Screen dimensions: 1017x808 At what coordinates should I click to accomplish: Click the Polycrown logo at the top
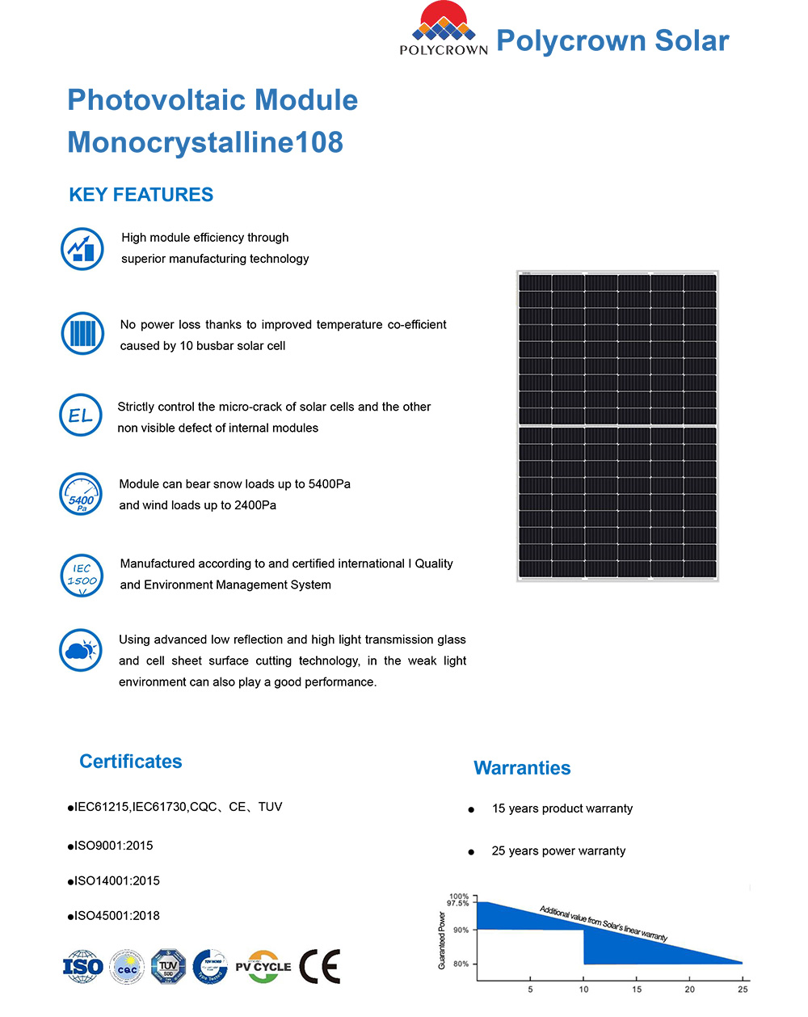[x=444, y=29]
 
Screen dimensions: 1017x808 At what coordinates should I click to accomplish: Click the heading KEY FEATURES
[x=141, y=195]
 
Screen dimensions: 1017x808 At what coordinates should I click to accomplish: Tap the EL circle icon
[x=81, y=416]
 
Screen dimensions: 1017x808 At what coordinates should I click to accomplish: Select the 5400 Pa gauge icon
[x=81, y=494]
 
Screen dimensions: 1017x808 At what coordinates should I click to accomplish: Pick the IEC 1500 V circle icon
[x=82, y=575]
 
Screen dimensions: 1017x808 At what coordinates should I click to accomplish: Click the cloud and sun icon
[x=81, y=650]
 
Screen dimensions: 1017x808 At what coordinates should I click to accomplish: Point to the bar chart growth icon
[x=82, y=248]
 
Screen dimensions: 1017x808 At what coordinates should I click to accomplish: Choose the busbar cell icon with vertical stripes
[x=82, y=333]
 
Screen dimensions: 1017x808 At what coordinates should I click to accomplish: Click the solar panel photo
[x=617, y=426]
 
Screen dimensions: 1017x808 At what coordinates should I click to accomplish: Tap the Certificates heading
[x=131, y=762]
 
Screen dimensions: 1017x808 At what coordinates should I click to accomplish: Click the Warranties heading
[x=522, y=768]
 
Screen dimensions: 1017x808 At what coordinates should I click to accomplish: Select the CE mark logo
[x=320, y=967]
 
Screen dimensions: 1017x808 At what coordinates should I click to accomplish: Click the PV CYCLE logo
[x=263, y=967]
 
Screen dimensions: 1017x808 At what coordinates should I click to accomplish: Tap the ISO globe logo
[x=83, y=967]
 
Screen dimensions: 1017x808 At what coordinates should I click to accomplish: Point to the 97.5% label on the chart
[x=458, y=903]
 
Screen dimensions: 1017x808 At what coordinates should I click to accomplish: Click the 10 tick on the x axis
[x=583, y=990]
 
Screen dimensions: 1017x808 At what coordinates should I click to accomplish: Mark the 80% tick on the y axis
[x=461, y=964]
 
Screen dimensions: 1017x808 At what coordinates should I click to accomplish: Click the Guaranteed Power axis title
[x=442, y=940]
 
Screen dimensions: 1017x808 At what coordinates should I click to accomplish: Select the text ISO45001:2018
[x=117, y=916]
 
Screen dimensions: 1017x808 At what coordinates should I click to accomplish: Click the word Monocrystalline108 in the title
[x=205, y=142]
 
